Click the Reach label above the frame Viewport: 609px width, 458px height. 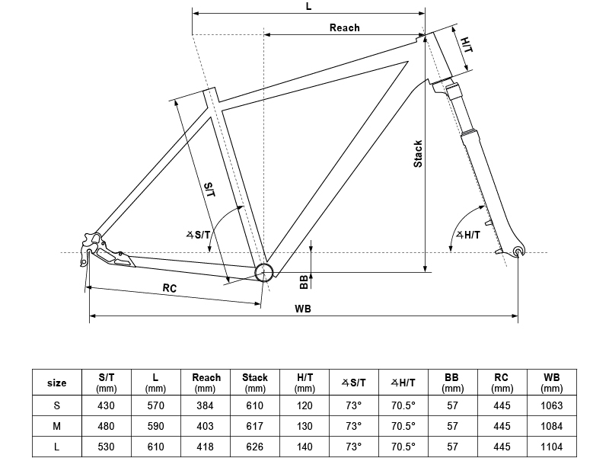[x=345, y=27]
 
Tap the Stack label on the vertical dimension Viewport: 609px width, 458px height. [x=418, y=154]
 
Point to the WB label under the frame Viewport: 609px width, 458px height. [x=302, y=309]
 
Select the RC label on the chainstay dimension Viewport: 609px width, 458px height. [x=169, y=288]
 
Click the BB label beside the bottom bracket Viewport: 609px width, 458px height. [x=304, y=282]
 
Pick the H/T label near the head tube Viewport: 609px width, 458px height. [x=467, y=45]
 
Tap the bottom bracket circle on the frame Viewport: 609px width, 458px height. [x=264, y=272]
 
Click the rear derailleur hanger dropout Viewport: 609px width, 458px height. [x=90, y=248]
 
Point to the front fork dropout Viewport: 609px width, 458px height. [x=518, y=251]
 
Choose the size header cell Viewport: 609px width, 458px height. [x=56, y=383]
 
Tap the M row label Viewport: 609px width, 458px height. [x=56, y=427]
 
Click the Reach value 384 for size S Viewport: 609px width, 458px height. [x=205, y=406]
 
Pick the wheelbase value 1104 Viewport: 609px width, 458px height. [x=551, y=447]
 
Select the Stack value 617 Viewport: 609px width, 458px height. [x=255, y=427]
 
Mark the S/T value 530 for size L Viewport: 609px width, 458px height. [x=106, y=447]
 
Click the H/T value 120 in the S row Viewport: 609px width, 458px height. [x=304, y=406]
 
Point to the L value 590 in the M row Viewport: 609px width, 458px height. [x=156, y=427]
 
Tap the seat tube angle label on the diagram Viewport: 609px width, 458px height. [x=199, y=235]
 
